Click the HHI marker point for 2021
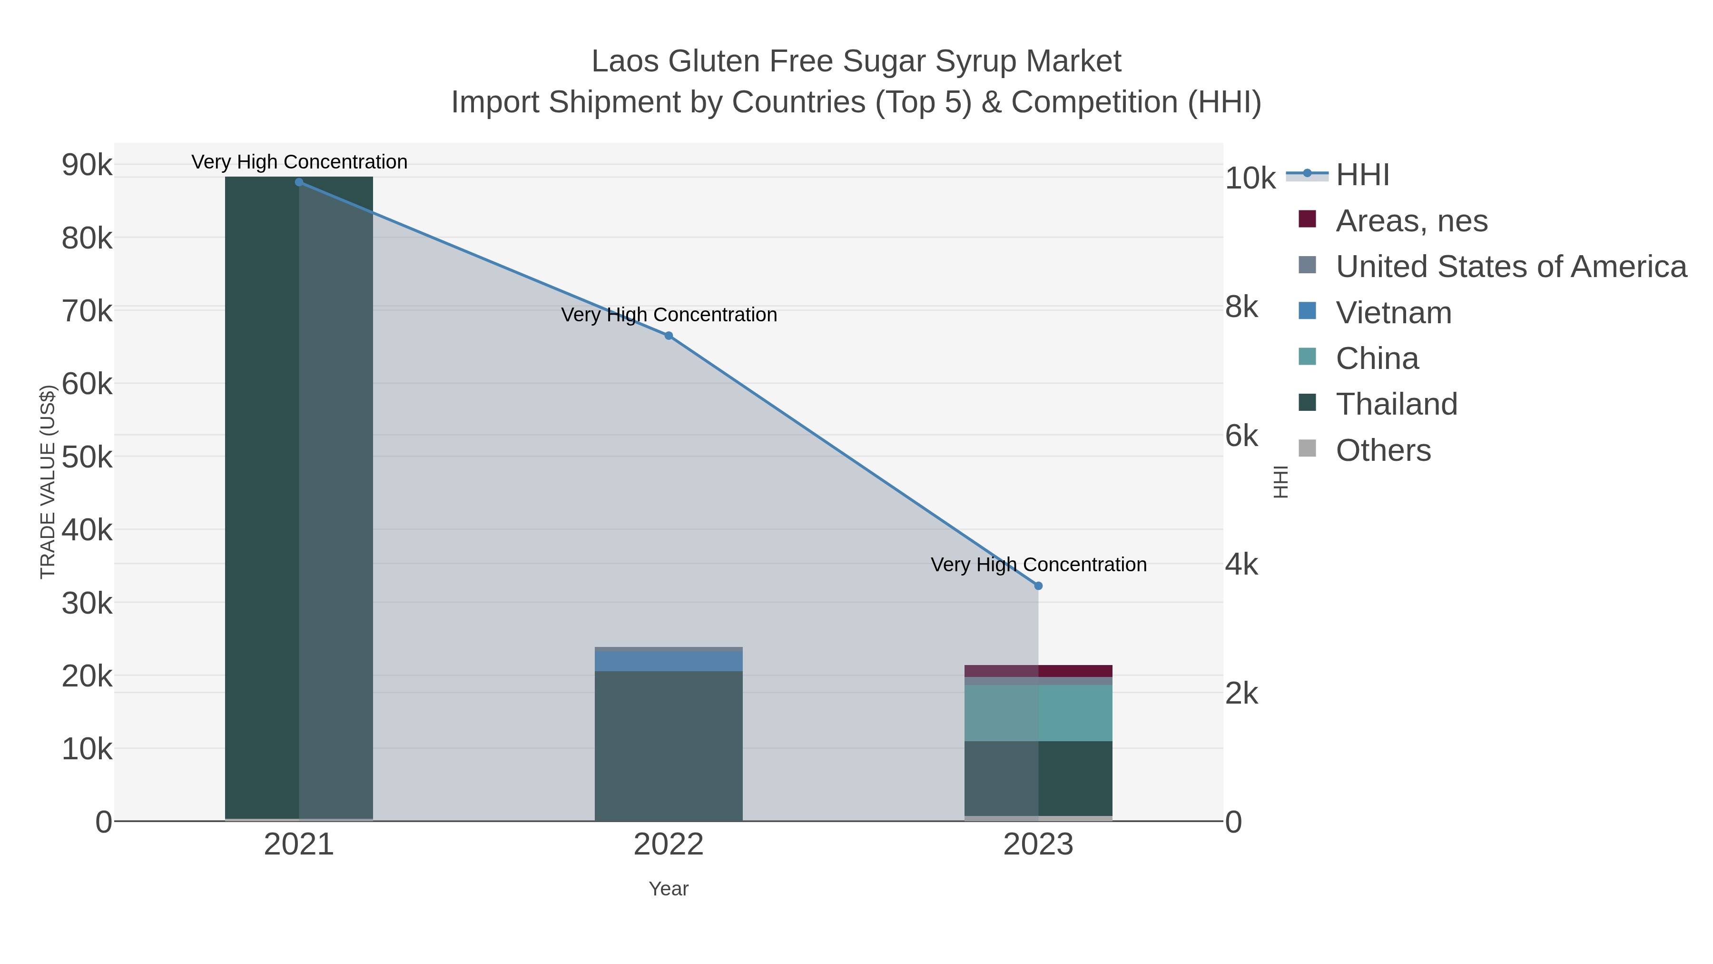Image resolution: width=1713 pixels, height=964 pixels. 299,182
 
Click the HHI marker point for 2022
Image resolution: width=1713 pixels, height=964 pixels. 669,335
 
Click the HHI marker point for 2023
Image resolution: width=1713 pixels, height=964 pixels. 1038,586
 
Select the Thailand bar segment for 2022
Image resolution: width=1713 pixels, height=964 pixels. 669,745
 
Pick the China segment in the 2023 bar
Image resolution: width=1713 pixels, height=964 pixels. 1038,713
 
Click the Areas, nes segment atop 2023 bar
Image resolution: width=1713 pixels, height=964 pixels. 1038,671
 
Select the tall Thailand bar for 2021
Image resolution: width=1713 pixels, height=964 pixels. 299,499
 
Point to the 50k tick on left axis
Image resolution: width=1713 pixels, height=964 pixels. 87,457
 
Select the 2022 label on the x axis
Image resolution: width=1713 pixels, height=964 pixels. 669,845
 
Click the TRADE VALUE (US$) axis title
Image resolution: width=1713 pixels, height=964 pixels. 48,482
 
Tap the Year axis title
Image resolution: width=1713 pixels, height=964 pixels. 669,888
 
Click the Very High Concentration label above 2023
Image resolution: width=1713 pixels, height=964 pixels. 1038,564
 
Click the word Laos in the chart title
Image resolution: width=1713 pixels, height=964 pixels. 626,61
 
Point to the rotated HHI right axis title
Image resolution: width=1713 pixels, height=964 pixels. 1280,482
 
